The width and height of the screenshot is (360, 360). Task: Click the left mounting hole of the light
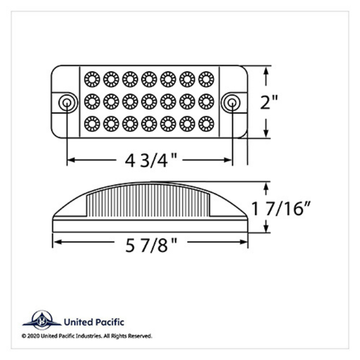[66, 102]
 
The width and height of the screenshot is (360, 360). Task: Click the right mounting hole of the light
[232, 102]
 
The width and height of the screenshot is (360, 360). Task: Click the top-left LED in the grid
[92, 79]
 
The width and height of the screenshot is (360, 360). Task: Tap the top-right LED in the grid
[206, 79]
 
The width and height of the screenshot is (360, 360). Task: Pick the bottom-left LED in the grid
[92, 124]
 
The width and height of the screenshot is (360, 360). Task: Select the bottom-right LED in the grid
[206, 124]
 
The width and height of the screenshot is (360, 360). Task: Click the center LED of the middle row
[149, 101]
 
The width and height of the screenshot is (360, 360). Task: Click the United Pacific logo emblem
[41, 321]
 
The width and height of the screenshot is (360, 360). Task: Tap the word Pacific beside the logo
[108, 323]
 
